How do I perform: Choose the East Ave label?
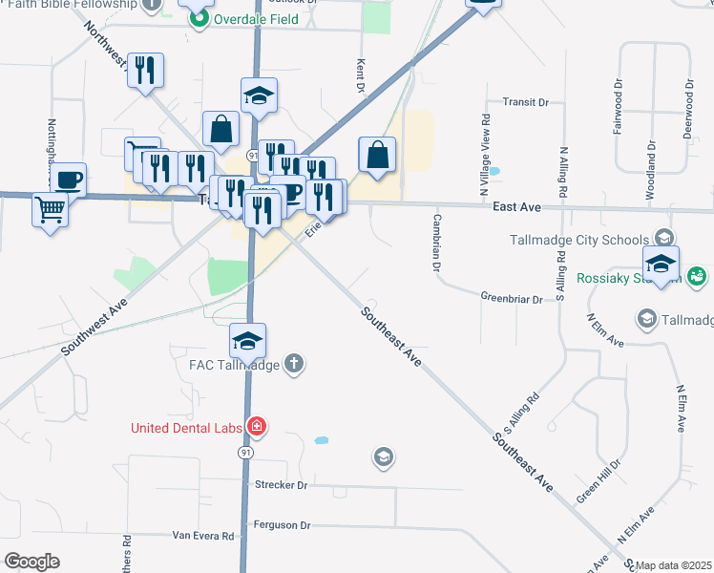[517, 206]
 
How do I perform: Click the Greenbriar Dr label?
[511, 299]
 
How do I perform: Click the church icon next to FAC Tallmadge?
[295, 363]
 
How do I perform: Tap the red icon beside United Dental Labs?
[256, 426]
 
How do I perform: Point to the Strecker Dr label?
[281, 485]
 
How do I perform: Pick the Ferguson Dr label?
[283, 525]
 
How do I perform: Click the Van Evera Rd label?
[202, 537]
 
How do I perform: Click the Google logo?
[31, 562]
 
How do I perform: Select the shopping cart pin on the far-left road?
[49, 209]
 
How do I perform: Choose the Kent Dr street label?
[361, 77]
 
